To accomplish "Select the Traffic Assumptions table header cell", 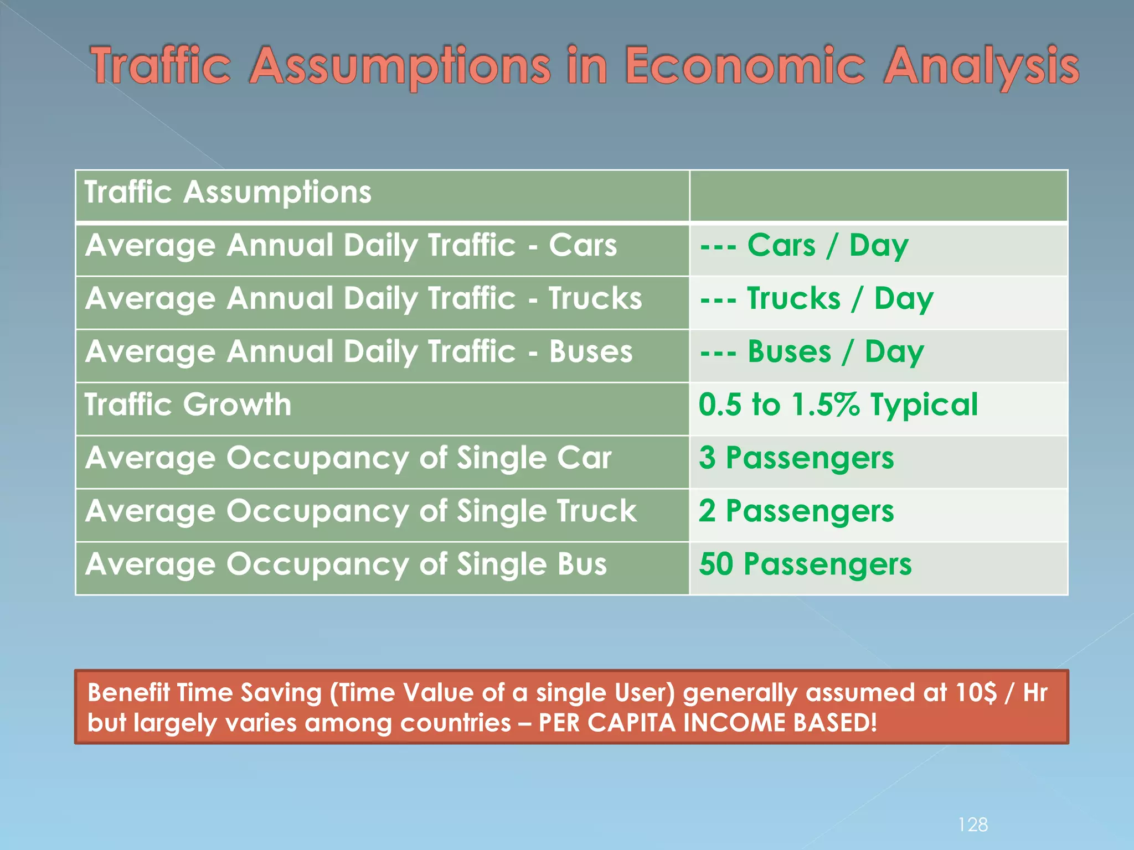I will pos(228,192).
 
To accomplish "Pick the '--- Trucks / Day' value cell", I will pos(816,299).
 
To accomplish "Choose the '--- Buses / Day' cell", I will pos(812,352).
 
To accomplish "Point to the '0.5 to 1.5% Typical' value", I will pos(838,405).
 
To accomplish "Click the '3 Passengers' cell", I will pos(796,458).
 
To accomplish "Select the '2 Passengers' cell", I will pos(796,511).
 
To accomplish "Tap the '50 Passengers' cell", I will pos(805,564).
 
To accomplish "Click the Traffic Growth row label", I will pos(188,405).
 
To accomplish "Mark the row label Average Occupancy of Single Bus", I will pos(346,564).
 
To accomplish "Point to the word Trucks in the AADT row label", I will pos(595,299).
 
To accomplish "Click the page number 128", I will pos(973,825).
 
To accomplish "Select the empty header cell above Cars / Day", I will pos(878,195).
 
